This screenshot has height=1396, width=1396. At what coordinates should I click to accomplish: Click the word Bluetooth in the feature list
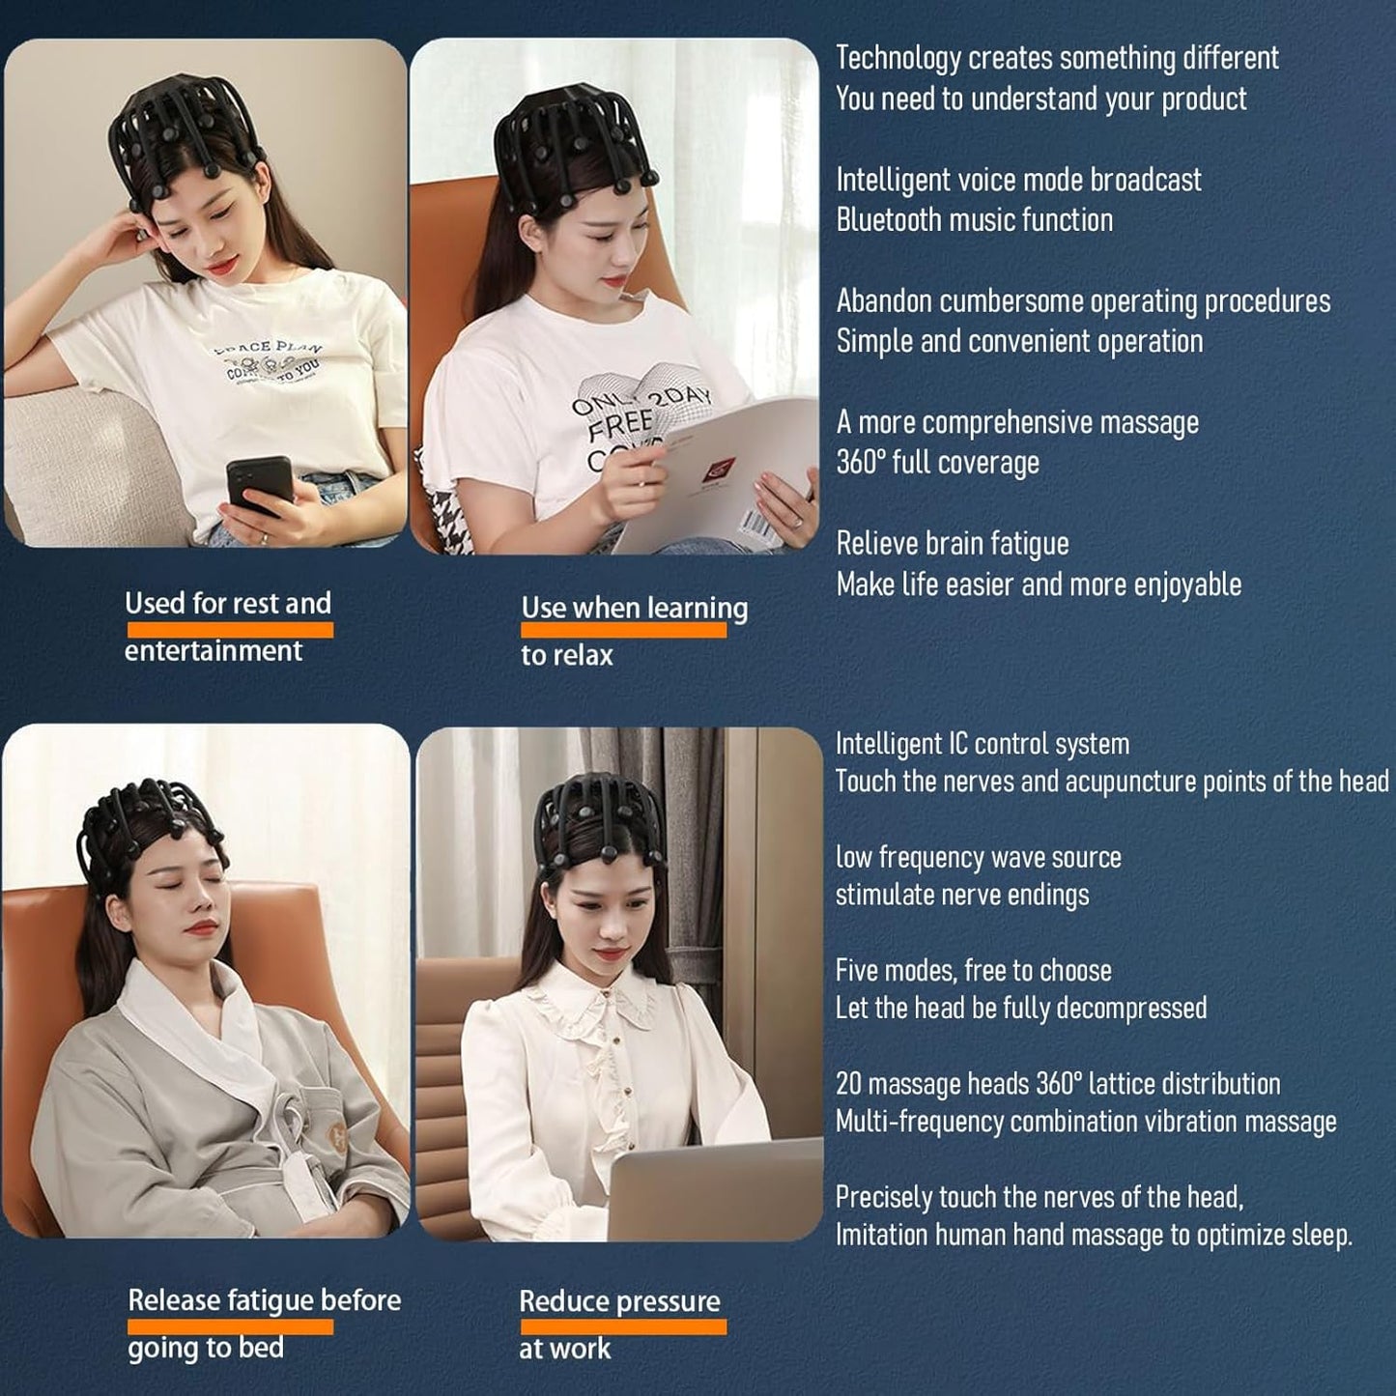888,220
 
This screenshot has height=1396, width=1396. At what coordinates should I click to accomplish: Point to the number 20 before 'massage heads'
848,1084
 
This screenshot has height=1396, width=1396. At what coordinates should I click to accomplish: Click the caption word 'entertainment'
214,651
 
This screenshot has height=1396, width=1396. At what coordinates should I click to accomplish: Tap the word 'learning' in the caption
697,608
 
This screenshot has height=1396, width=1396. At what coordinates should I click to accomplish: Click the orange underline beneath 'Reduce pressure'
622,1327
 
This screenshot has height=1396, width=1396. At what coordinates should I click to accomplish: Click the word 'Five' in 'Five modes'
857,970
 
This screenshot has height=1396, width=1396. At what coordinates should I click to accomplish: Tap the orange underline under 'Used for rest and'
229,630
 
